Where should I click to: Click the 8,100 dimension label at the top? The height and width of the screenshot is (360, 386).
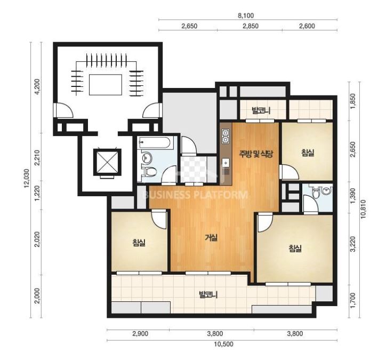coord(246,16)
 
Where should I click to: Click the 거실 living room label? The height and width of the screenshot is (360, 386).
coord(211,238)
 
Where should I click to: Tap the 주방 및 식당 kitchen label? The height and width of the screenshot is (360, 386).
coord(256,154)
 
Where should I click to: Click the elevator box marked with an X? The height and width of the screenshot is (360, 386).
coord(107,162)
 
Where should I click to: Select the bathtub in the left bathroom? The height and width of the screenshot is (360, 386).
coord(155,142)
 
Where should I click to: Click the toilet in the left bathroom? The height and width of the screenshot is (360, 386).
coord(149,171)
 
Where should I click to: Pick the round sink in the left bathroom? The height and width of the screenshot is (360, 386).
coord(147,157)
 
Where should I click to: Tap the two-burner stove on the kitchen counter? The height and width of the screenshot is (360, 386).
coord(226,137)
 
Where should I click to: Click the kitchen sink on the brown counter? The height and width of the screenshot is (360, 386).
coord(226,163)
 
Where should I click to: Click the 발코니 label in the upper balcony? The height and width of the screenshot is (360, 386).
coord(261,110)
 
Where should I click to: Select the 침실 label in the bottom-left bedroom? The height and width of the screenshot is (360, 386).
coord(139,243)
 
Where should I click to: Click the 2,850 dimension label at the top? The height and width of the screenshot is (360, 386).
coord(251,26)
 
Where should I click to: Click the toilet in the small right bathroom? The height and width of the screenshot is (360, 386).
coord(315,193)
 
